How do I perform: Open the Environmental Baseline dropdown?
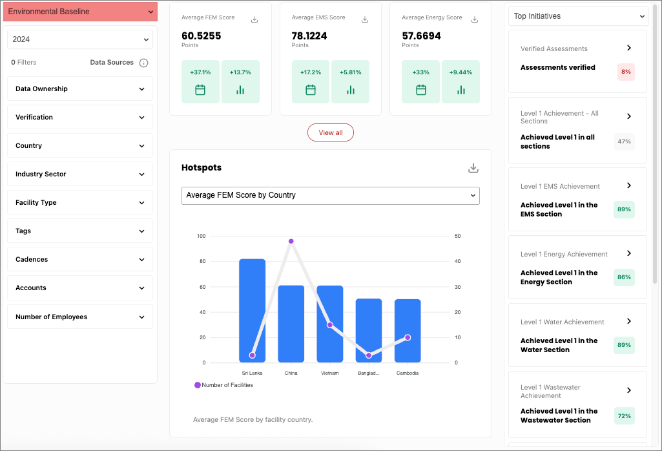[80, 12]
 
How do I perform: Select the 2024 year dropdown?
[80, 39]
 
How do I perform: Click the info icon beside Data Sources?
[144, 63]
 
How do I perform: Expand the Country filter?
[80, 146]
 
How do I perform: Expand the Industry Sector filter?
[80, 174]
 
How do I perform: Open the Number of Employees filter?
[80, 317]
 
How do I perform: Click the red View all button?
[330, 132]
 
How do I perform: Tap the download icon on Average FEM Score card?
[254, 19]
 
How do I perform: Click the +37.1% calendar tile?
[200, 82]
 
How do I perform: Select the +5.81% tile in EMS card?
[350, 82]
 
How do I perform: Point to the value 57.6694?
[421, 36]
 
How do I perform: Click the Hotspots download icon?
[473, 168]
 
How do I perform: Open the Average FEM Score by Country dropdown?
[330, 195]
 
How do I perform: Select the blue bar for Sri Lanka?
[252, 310]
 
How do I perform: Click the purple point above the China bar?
[291, 241]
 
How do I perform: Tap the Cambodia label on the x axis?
[407, 373]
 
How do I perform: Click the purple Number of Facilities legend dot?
[198, 385]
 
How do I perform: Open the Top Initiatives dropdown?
[578, 16]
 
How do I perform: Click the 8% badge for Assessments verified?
[625, 72]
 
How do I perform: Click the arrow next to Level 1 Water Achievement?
[629, 321]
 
